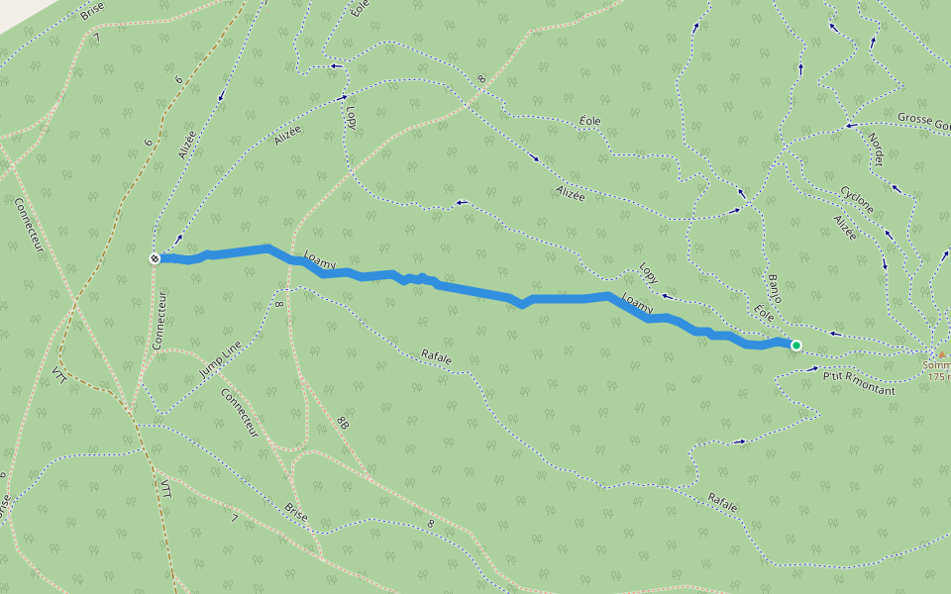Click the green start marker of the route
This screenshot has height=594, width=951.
tap(795, 345)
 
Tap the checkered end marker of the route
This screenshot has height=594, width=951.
tap(155, 258)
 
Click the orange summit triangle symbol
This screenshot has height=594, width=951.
tap(941, 353)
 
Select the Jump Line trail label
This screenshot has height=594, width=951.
tap(219, 358)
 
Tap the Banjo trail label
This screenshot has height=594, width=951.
tap(775, 287)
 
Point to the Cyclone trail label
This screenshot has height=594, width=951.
tap(857, 198)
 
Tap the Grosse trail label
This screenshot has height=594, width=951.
tap(921, 119)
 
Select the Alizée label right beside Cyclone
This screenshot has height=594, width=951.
tap(845, 229)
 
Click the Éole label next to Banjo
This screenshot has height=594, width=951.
tap(763, 312)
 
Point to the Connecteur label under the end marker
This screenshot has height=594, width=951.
tap(159, 319)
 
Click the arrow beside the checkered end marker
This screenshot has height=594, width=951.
tap(178, 239)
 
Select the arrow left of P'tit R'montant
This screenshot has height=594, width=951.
tap(814, 369)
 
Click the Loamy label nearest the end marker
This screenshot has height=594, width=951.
tap(321, 260)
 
